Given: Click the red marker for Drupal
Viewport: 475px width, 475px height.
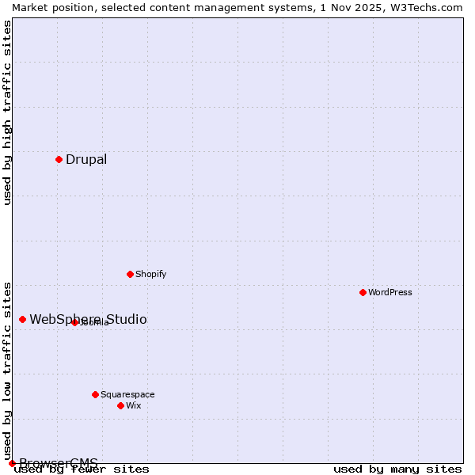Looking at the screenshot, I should [x=59, y=159].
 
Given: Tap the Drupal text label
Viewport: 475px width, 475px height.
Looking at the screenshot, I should [x=86, y=160].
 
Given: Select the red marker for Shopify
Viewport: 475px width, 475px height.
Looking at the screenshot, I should [x=130, y=274].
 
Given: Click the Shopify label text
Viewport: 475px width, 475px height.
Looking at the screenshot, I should [x=150, y=275].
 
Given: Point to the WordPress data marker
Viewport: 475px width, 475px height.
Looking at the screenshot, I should [x=363, y=292].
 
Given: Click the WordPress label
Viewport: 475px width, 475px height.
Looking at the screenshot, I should [x=390, y=293].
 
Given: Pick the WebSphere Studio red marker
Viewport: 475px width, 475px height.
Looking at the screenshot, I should [x=22, y=319].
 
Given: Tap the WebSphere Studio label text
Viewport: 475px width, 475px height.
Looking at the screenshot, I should [x=88, y=320].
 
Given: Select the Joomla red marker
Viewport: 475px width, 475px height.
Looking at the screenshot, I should [x=74, y=322].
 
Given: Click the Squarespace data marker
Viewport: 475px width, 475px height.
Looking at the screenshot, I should [x=95, y=394].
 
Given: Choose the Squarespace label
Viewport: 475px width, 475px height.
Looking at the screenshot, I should [x=127, y=395].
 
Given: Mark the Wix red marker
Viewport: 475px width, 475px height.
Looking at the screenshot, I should [x=120, y=405].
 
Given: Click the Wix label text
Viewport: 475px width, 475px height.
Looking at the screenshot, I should [x=134, y=406].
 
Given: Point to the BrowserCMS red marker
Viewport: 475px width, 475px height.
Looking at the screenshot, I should [x=12, y=463].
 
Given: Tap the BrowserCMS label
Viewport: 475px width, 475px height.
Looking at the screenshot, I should [x=59, y=463].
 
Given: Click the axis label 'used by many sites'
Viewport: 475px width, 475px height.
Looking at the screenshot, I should [x=397, y=469].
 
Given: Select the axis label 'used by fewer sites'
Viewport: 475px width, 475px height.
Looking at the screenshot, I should [x=82, y=469].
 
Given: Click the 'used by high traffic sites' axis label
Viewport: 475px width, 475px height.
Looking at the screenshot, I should [x=7, y=112].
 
